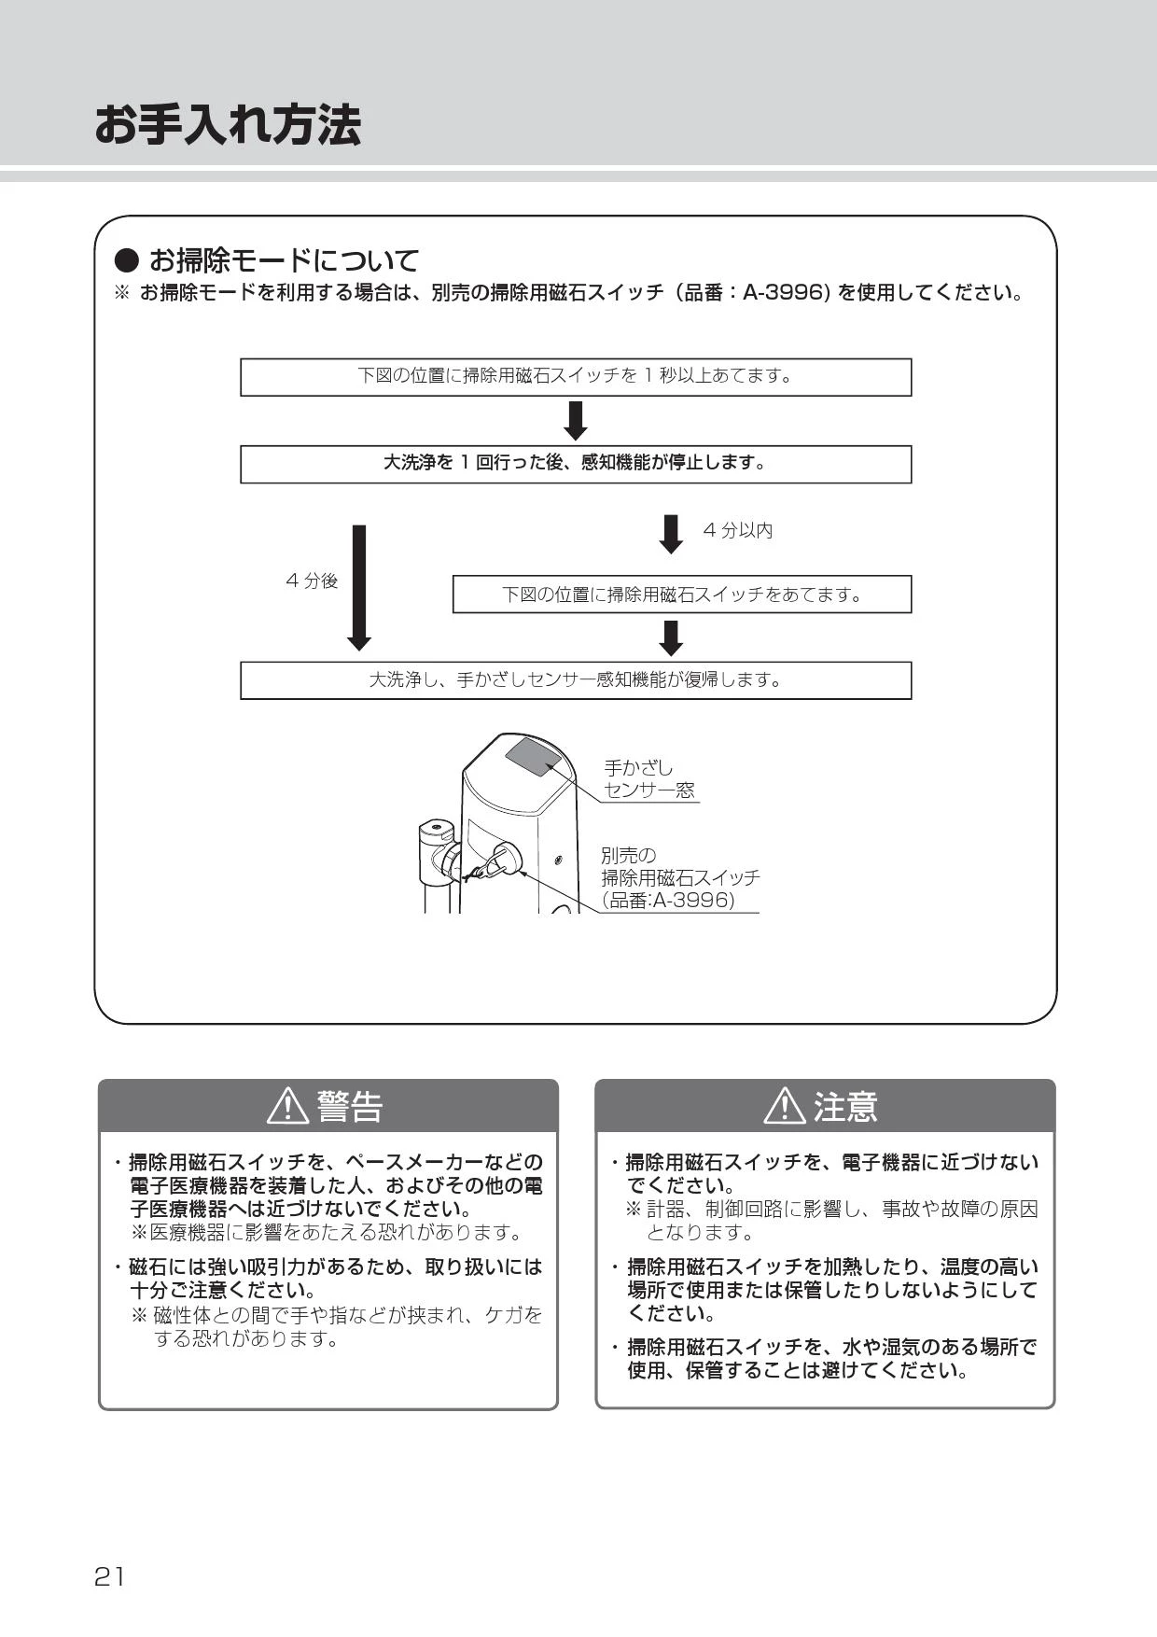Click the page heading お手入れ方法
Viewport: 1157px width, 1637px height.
228,125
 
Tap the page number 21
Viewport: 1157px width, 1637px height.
109,1576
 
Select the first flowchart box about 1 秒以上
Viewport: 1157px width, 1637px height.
576,377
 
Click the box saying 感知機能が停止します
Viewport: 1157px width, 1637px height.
576,464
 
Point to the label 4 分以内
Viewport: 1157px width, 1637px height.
738,530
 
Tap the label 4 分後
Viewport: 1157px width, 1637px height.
312,581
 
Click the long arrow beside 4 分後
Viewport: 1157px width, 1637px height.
359,587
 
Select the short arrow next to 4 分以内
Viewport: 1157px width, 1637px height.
671,534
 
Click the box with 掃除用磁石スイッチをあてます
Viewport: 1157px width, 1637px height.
682,595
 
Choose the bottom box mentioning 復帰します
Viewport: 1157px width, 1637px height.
576,680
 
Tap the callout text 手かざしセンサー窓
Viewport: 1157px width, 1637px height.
648,779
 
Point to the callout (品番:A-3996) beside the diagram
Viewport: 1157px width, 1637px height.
669,901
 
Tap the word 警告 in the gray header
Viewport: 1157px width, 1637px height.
350,1107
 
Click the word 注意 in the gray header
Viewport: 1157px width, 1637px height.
845,1107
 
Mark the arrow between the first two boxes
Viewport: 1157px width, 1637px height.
576,421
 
